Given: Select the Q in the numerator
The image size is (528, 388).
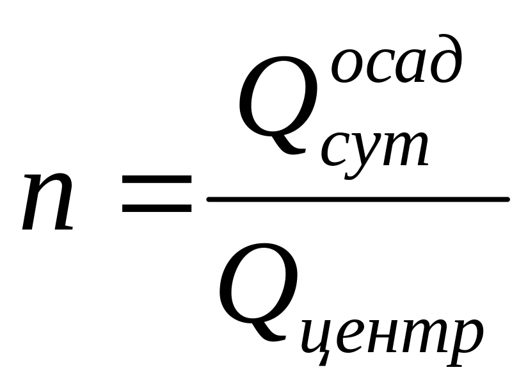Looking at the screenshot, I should click(x=278, y=106).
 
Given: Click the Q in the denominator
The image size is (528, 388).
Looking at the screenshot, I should click(x=259, y=291).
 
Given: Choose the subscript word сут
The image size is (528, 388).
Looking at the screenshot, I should click(x=374, y=147).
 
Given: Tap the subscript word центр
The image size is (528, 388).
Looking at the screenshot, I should click(x=390, y=336).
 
